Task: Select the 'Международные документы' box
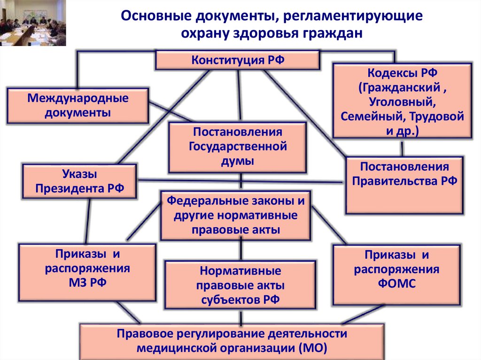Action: point(78,106)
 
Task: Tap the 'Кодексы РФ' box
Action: point(402,101)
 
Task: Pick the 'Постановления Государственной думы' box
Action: point(238,146)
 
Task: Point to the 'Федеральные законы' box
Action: point(235,215)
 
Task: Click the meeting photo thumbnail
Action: point(33,23)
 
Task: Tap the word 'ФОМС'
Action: point(397,284)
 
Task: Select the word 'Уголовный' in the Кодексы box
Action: point(402,101)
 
